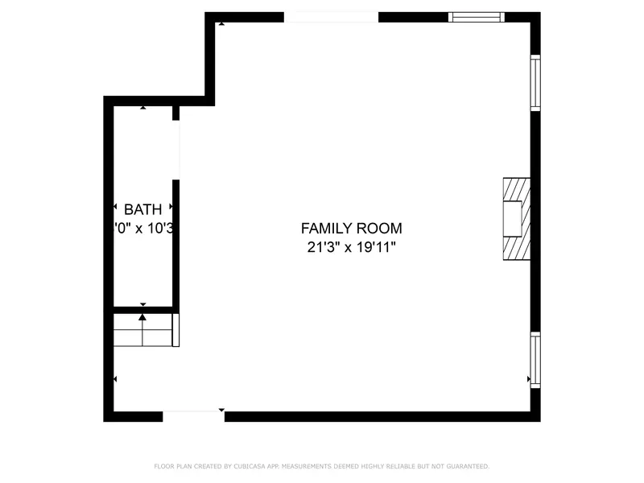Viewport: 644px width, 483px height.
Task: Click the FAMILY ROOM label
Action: click(x=351, y=229)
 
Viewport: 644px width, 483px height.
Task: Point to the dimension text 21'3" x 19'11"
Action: click(x=351, y=248)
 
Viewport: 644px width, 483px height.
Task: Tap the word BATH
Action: click(x=142, y=210)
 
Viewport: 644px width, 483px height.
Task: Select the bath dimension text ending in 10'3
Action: click(x=145, y=229)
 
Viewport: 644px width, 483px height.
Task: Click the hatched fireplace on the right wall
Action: click(x=517, y=219)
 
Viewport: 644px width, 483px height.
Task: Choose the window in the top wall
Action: click(x=476, y=16)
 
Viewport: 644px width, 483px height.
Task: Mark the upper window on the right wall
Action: click(x=535, y=82)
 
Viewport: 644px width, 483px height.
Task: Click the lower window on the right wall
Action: click(x=535, y=361)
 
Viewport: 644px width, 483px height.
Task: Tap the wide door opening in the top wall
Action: click(x=331, y=17)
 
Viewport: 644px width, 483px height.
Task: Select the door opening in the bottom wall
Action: click(x=193, y=416)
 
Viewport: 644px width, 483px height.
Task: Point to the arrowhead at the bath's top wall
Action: click(x=143, y=107)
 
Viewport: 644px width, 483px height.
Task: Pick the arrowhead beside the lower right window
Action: click(x=528, y=378)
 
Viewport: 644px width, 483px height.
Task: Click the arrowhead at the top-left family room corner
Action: click(x=221, y=24)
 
